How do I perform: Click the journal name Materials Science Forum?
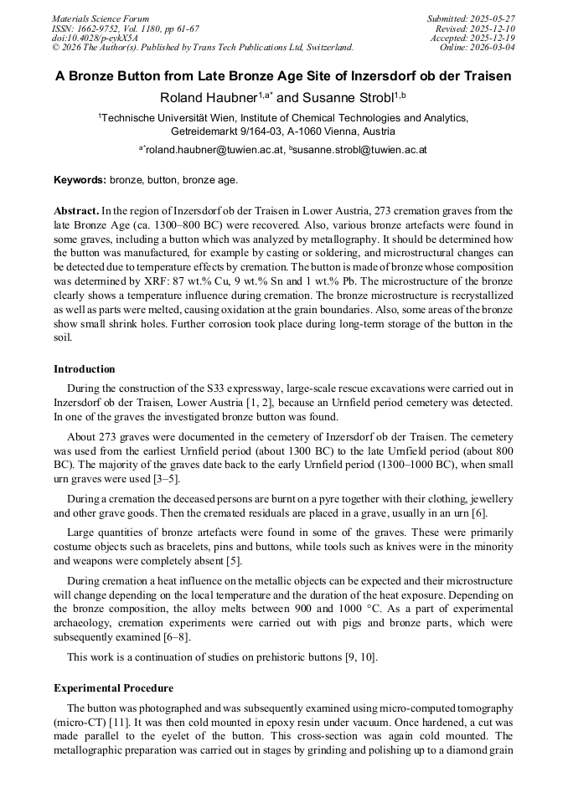pyautogui.click(x=101, y=18)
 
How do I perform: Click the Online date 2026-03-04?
pyautogui.click(x=494, y=48)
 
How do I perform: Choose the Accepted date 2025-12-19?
pyautogui.click(x=494, y=38)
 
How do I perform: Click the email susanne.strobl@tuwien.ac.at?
pyautogui.click(x=360, y=150)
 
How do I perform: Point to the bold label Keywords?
pyautogui.click(x=80, y=179)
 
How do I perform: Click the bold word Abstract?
pyautogui.click(x=76, y=211)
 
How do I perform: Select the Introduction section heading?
pyautogui.click(x=85, y=369)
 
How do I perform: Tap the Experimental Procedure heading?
pyautogui.click(x=113, y=688)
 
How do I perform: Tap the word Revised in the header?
pyautogui.click(x=449, y=28)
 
